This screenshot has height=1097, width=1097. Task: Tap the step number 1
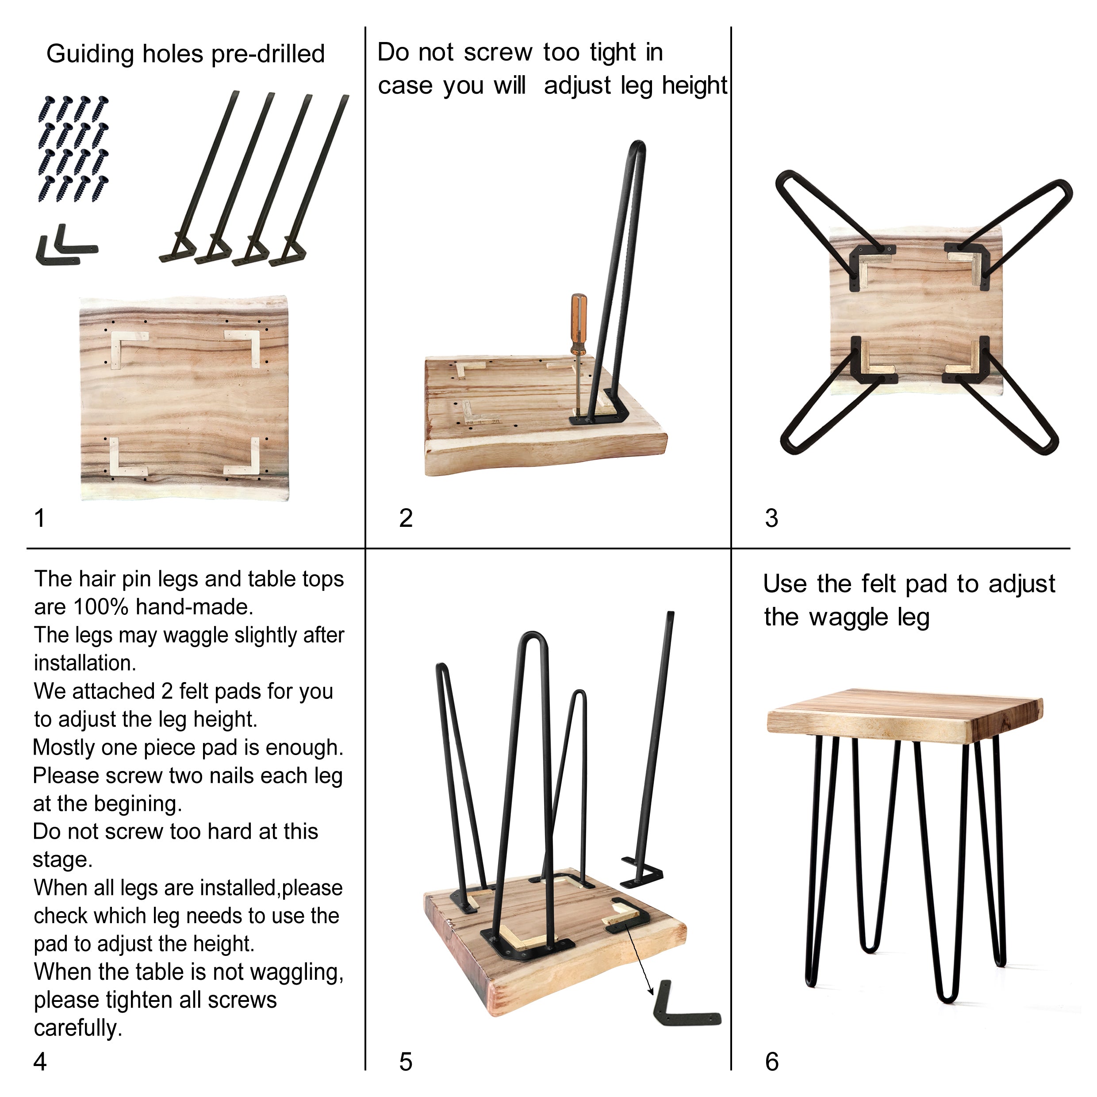point(40,518)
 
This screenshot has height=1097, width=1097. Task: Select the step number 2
point(406,518)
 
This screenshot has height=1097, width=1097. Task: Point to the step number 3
point(771,518)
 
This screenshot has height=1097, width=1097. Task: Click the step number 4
point(40,1061)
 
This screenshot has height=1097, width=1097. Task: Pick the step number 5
point(406,1061)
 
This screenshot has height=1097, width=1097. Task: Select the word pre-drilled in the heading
point(268,54)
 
